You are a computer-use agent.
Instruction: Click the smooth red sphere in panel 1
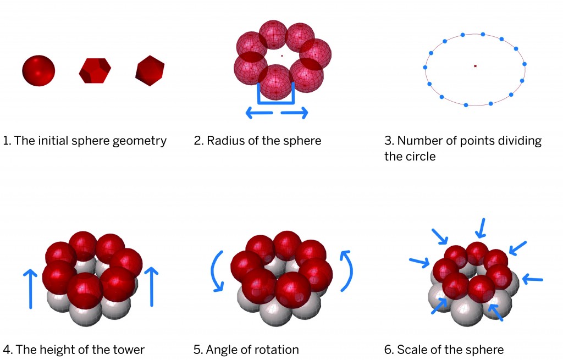[x=38, y=70]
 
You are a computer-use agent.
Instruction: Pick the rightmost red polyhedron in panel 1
[x=150, y=70]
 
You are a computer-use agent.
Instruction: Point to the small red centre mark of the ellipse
[x=476, y=66]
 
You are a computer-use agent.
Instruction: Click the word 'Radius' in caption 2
[x=225, y=141]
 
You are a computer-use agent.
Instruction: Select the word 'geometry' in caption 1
[x=142, y=141]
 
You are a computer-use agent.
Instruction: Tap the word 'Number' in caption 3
[x=417, y=141]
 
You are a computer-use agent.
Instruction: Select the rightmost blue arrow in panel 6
[x=532, y=280]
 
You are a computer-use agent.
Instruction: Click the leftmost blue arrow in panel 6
[x=420, y=262]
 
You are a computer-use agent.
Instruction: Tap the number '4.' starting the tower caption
[x=8, y=350]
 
